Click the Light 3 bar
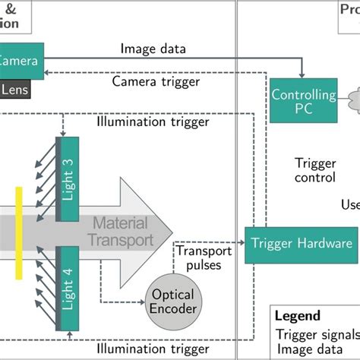68,179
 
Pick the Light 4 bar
68,288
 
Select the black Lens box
15,88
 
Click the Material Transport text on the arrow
122,232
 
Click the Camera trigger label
156,81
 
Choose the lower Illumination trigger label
152,348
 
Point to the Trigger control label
314,170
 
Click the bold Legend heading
297,315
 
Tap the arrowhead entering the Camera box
49,71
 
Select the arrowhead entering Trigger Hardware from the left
242,244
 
